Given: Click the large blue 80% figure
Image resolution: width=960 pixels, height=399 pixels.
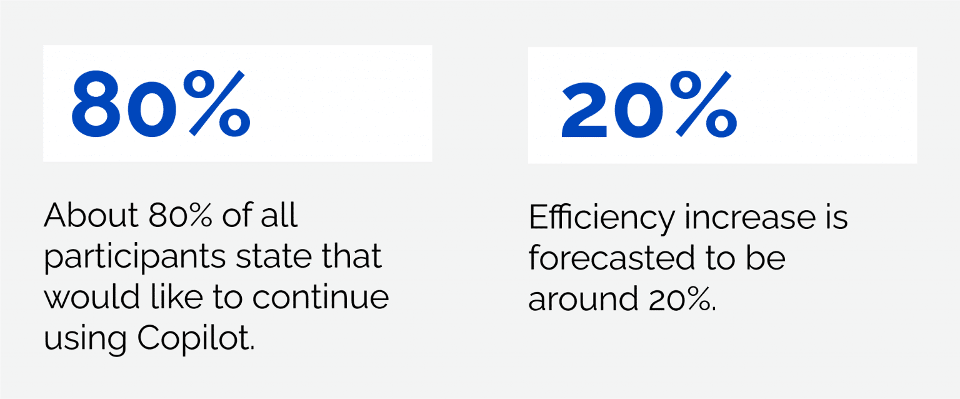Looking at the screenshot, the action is pyautogui.click(x=161, y=103).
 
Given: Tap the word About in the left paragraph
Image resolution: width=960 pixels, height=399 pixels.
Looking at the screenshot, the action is pyautogui.click(x=91, y=215).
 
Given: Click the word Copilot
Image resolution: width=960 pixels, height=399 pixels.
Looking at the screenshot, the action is pyautogui.click(x=196, y=338).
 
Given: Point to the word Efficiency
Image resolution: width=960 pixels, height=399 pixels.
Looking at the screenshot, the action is pyautogui.click(x=602, y=218).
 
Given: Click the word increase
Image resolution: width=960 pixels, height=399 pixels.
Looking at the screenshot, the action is pyautogui.click(x=749, y=217).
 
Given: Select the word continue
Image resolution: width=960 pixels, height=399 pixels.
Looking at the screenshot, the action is pyautogui.click(x=321, y=297).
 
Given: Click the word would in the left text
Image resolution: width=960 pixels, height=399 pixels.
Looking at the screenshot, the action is pyautogui.click(x=92, y=296).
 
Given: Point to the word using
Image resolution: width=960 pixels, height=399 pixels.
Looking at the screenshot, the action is pyautogui.click(x=85, y=339).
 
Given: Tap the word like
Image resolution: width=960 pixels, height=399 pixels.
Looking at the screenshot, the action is pyautogui.click(x=177, y=296).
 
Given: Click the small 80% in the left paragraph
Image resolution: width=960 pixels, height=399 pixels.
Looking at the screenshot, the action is pyautogui.click(x=180, y=215).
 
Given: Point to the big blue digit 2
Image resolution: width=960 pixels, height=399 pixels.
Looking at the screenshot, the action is pyautogui.click(x=584, y=109).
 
